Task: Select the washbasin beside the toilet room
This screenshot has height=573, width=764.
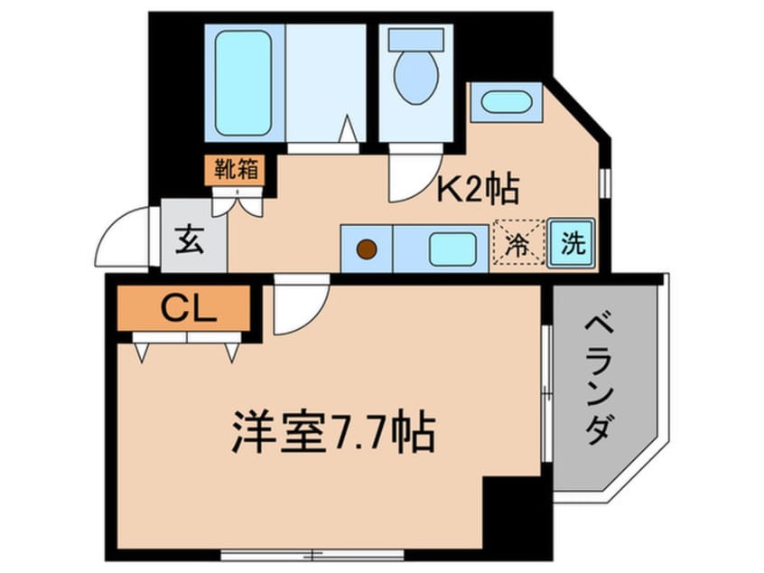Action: click(506, 102)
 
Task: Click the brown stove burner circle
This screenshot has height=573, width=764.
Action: click(366, 249)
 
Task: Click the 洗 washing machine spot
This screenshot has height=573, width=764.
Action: click(572, 245)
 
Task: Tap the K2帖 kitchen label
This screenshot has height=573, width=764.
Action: click(478, 188)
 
